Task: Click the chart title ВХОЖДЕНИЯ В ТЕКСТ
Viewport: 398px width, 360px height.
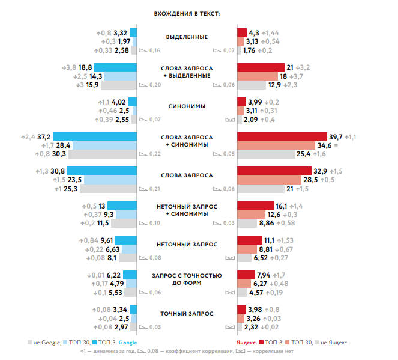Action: point(186,13)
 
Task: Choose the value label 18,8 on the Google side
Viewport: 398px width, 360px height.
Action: point(85,67)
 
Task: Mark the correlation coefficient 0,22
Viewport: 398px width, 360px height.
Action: point(155,154)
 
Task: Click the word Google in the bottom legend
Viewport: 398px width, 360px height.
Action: point(128,342)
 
